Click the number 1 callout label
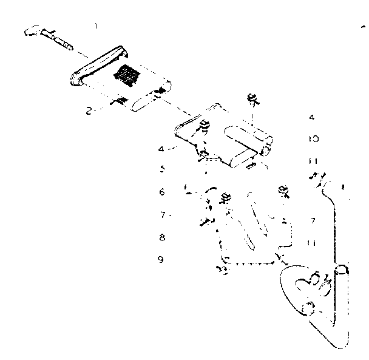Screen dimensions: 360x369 pyautogui.click(x=95, y=25)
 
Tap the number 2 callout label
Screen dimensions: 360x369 pyautogui.click(x=88, y=111)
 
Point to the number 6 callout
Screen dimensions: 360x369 pyautogui.click(x=161, y=192)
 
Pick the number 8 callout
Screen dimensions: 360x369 pyautogui.click(x=162, y=237)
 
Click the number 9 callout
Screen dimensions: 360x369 pyautogui.click(x=161, y=260)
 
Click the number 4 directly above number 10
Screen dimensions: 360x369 pyautogui.click(x=311, y=117)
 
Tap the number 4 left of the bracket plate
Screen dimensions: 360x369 pyautogui.click(x=160, y=149)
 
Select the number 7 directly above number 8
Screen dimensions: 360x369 pyautogui.click(x=162, y=215)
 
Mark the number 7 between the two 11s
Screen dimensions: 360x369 pyautogui.click(x=311, y=221)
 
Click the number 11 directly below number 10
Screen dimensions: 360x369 pyautogui.click(x=312, y=161)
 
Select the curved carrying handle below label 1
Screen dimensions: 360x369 pyautogui.click(x=97, y=66)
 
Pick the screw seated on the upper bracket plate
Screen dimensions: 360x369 pyautogui.click(x=204, y=126)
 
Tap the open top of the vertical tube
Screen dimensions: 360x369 pyautogui.click(x=343, y=267)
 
